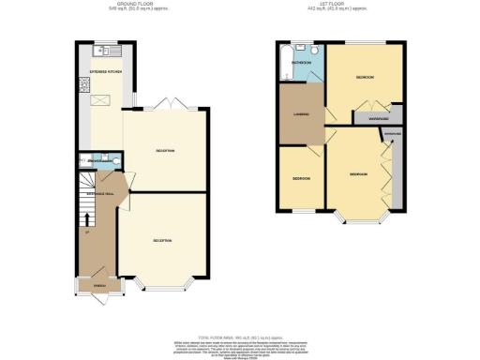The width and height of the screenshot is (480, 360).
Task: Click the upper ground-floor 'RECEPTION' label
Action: click(x=167, y=150)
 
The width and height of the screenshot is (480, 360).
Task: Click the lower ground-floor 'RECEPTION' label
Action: click(x=164, y=241)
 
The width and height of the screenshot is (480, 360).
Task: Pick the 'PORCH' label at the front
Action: click(x=98, y=277)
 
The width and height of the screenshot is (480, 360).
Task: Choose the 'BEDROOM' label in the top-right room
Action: click(x=364, y=78)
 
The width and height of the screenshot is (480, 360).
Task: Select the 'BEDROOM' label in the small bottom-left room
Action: click(x=300, y=177)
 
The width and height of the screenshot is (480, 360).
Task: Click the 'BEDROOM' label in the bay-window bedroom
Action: click(x=358, y=174)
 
